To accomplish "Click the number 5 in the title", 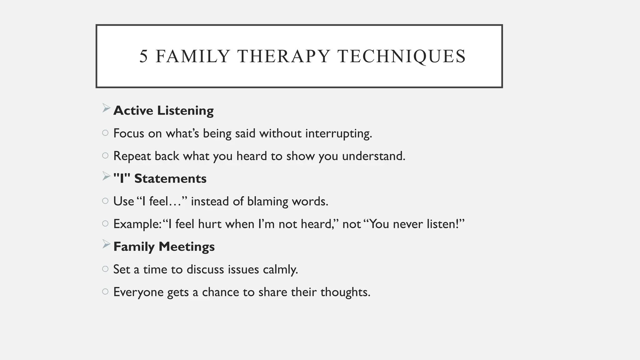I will click(143, 57).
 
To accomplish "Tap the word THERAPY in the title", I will click(284, 57).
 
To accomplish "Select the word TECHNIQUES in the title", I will click(402, 57).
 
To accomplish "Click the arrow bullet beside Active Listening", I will click(106, 108).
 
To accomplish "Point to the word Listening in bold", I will click(185, 111).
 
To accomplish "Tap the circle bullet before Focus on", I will click(105, 133).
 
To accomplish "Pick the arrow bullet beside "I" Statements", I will click(106, 177).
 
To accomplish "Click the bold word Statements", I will click(170, 179).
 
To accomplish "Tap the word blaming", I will click(267, 202).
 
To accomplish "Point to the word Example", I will click(137, 224).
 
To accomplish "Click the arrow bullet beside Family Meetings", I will click(106, 244).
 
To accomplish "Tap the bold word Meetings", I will click(187, 247).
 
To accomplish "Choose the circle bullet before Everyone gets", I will click(105, 292).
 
